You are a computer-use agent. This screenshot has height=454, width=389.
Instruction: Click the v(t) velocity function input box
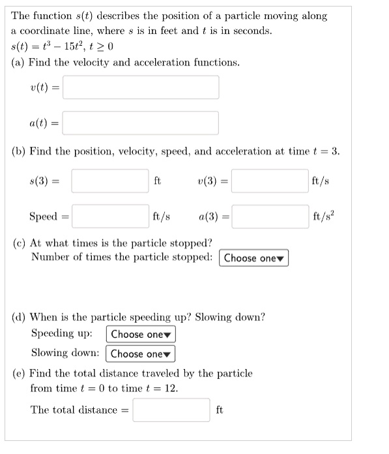point(141,87)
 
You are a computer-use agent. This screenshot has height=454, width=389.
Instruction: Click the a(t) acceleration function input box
point(141,122)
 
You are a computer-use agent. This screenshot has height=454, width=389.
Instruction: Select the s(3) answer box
point(110,181)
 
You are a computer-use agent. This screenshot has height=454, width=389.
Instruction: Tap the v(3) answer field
point(270,181)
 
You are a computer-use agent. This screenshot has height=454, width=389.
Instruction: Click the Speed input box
point(110,216)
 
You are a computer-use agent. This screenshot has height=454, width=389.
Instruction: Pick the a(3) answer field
point(270,216)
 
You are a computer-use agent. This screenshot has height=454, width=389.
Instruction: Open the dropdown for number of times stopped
point(254,258)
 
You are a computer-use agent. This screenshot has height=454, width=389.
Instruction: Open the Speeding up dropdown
point(141,335)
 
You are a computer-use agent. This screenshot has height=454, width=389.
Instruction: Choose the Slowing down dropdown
point(141,354)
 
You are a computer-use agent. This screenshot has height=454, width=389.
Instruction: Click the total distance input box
point(172,410)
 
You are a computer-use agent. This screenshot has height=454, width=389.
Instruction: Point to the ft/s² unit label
point(324,216)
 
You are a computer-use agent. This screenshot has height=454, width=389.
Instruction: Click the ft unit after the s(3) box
point(157,181)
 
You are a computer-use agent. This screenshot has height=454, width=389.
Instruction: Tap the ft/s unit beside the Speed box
point(161,216)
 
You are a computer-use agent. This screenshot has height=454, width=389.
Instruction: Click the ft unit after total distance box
point(220,410)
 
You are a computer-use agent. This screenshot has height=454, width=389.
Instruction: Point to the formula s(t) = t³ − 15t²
point(63,46)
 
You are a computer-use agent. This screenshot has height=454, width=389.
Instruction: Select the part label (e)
point(20,374)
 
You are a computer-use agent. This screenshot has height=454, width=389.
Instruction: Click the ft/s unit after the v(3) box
point(321,181)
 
